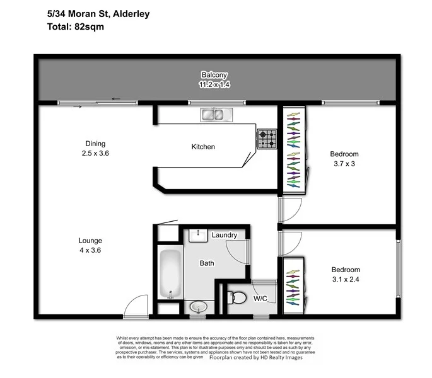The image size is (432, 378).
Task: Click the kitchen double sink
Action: [217, 115]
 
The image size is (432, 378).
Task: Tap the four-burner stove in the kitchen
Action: [266, 139]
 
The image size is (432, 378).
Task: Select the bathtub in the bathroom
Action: [170, 275]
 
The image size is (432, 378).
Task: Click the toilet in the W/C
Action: [237, 298]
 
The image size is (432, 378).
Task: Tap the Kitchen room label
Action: [204, 147]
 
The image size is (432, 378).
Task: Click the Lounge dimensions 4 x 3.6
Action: [91, 250]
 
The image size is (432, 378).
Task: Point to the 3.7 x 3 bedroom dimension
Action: [344, 164]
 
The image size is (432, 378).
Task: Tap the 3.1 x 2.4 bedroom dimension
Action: [344, 279]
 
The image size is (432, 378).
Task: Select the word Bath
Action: [207, 263]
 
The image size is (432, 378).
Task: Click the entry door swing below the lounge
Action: [135, 306]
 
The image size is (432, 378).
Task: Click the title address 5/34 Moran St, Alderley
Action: [98, 13]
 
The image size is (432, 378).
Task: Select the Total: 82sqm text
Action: [75, 27]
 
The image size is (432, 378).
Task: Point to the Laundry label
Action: [225, 235]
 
